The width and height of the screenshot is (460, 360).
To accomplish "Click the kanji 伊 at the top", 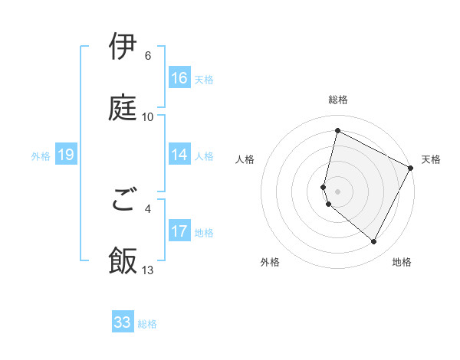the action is [x=123, y=47].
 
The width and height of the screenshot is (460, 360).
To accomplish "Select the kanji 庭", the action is [x=123, y=106].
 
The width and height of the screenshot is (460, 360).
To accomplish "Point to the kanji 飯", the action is [x=123, y=260].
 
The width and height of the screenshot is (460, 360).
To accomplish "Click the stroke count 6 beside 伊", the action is [x=148, y=56].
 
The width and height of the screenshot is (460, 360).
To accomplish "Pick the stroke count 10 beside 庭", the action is [x=148, y=117].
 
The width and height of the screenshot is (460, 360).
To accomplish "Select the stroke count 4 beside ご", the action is [x=148, y=208].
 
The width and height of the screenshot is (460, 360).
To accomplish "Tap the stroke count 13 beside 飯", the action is [x=148, y=270].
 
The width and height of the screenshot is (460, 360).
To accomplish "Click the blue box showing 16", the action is [x=179, y=78].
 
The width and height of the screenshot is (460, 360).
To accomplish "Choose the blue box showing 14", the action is [x=179, y=155].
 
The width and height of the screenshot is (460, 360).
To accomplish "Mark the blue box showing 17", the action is [x=179, y=231].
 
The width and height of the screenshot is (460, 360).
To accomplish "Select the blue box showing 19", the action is [x=66, y=155].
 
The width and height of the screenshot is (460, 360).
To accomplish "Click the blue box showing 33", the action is [x=123, y=322].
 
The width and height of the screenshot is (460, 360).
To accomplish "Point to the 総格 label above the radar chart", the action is [x=337, y=100].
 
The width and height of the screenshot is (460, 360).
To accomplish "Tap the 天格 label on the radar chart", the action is [x=431, y=159].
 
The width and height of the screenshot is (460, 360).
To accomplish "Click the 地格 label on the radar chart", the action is [x=402, y=262].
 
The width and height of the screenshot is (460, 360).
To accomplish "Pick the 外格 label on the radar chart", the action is [x=270, y=262].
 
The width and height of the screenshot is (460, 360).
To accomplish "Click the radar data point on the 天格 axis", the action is [x=411, y=167].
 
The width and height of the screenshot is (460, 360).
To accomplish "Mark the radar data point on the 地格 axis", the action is [x=374, y=241].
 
